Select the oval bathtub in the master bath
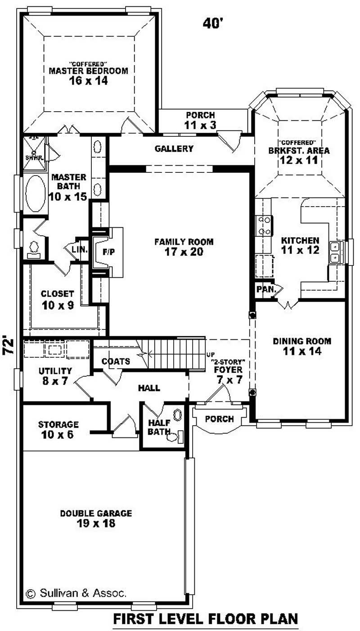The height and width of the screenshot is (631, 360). (x=35, y=194)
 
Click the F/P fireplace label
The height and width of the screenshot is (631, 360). (x=108, y=252)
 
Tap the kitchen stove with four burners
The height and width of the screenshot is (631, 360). (x=263, y=225)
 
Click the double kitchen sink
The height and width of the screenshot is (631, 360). (x=335, y=252)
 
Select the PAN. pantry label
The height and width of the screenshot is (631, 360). (x=266, y=290)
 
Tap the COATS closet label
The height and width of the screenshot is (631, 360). (x=116, y=361)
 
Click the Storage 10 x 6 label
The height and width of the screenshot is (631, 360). (x=58, y=429)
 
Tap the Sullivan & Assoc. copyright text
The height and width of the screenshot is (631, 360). (x=76, y=593)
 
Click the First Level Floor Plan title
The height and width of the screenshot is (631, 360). (x=205, y=619)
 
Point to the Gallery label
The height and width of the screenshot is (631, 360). (x=174, y=149)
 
